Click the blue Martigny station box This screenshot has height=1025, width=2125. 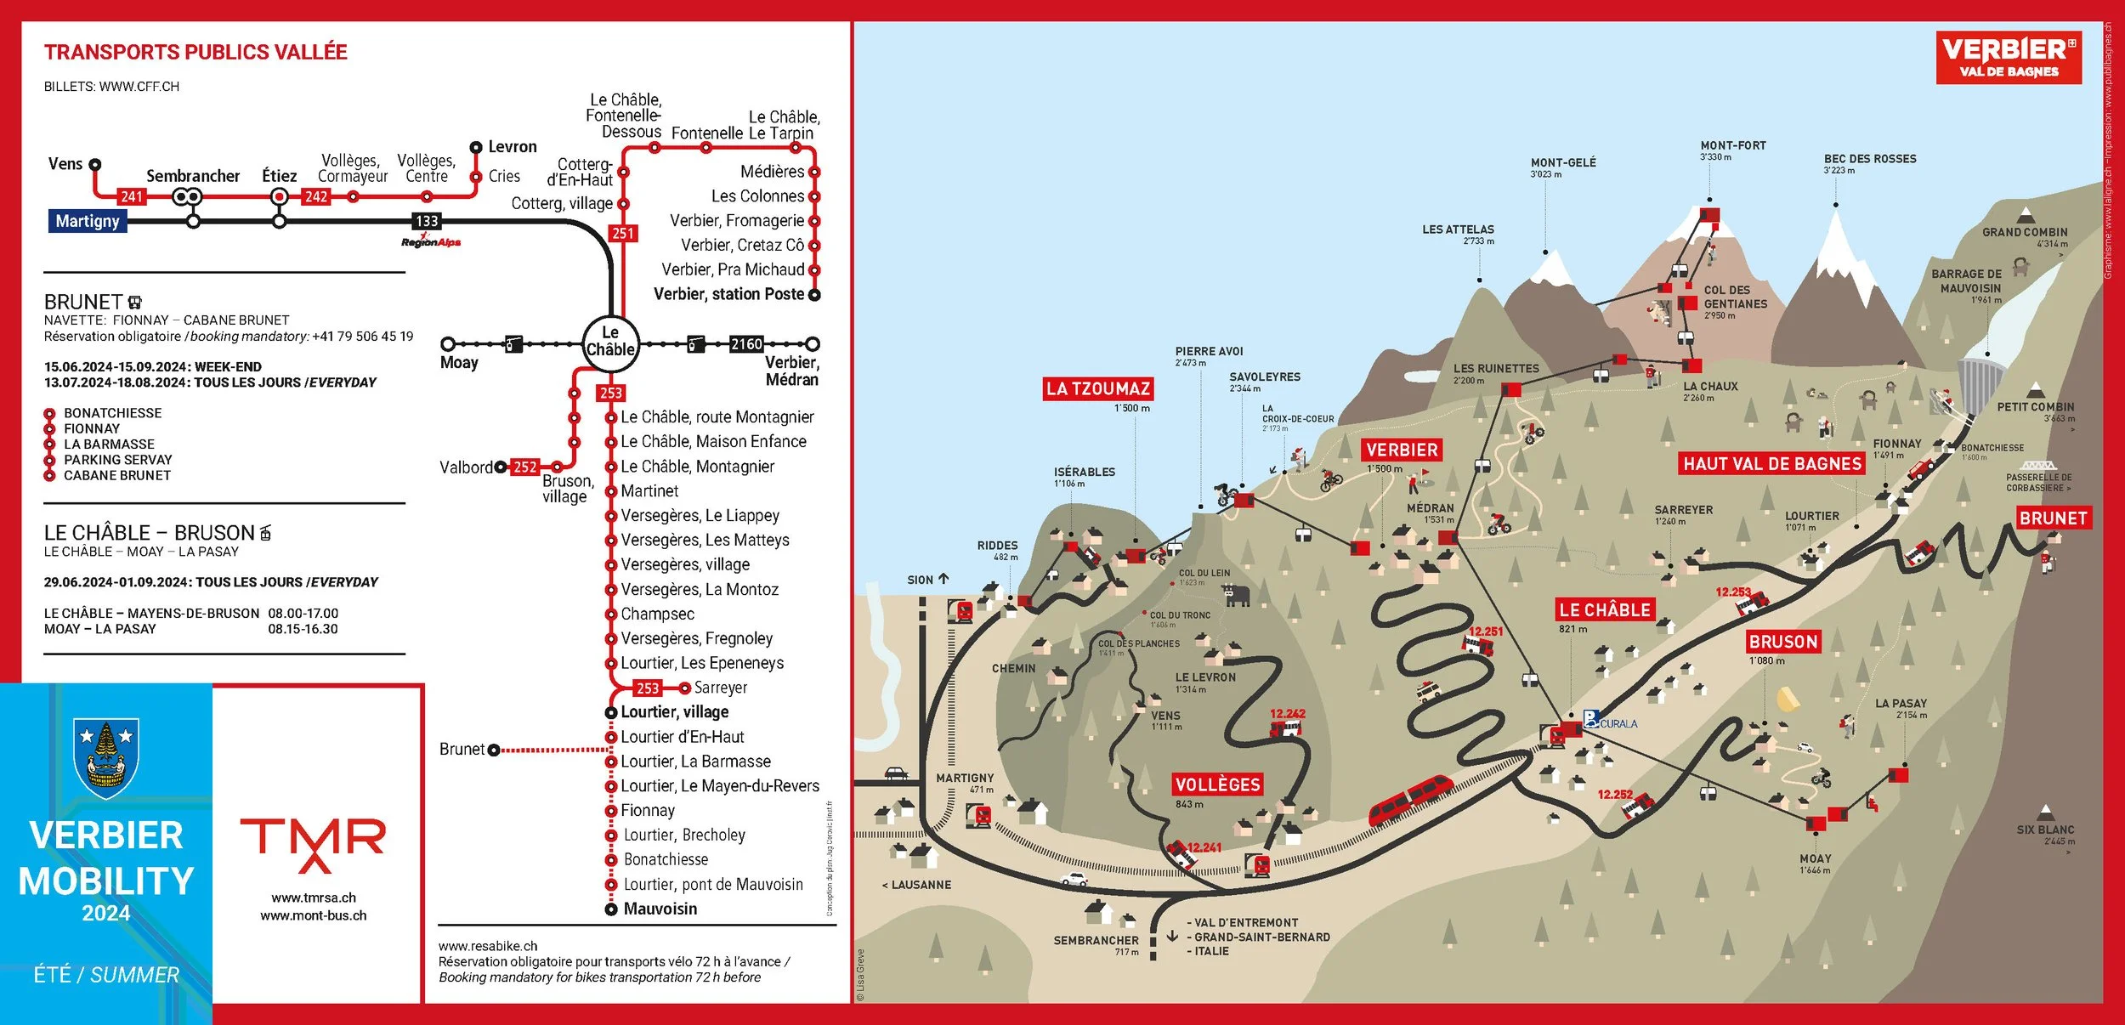(88, 221)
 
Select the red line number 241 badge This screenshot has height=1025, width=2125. (132, 196)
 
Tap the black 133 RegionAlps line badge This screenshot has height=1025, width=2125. (427, 221)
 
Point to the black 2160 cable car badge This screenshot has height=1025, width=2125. (746, 344)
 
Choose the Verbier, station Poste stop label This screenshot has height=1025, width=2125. (728, 294)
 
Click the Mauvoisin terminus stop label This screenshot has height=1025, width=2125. (660, 909)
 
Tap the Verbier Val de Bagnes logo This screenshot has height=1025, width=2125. (2009, 58)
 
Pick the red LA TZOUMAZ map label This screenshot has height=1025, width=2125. (1098, 389)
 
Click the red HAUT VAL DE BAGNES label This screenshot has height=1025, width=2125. (1772, 464)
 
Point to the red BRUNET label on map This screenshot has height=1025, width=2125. (2053, 518)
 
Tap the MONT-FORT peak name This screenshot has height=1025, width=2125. (1733, 145)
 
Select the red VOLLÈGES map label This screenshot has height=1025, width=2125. (1217, 784)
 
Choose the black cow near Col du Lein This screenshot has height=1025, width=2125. (1236, 594)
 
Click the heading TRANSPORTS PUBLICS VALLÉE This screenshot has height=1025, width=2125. (195, 53)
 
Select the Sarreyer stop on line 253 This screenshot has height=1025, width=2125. (720, 688)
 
